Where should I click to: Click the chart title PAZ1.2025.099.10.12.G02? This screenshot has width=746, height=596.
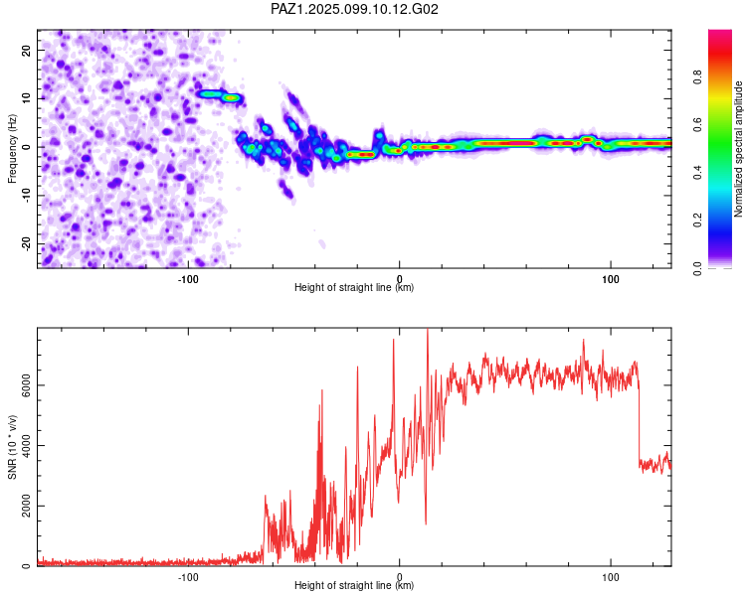pyautogui.click(x=354, y=9)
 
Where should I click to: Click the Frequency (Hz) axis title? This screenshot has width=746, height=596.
pyautogui.click(x=12, y=149)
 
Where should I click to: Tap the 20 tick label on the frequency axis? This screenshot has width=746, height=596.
pyautogui.click(x=27, y=50)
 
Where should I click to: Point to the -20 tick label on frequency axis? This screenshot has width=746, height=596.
pyautogui.click(x=27, y=243)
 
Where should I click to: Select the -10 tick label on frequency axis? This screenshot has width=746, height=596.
pyautogui.click(x=27, y=196)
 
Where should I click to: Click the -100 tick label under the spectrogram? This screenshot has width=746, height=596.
pyautogui.click(x=188, y=279)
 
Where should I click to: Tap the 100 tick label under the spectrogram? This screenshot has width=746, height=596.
pyautogui.click(x=611, y=279)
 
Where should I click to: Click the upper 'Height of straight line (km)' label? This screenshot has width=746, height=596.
pyautogui.click(x=354, y=287)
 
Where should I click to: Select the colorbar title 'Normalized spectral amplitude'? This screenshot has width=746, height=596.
pyautogui.click(x=738, y=149)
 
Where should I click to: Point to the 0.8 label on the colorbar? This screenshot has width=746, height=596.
pyautogui.click(x=697, y=76)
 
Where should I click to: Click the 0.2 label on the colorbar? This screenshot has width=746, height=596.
pyautogui.click(x=697, y=221)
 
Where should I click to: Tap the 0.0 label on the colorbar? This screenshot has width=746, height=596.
pyautogui.click(x=697, y=268)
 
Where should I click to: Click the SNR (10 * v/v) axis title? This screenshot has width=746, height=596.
pyautogui.click(x=12, y=447)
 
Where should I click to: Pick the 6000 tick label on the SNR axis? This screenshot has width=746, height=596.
pyautogui.click(x=27, y=385)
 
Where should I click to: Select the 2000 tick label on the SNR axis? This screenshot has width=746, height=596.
pyautogui.click(x=27, y=507)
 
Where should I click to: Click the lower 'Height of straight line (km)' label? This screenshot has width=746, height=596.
pyautogui.click(x=354, y=585)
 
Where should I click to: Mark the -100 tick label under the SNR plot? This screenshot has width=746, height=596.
pyautogui.click(x=188, y=577)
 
